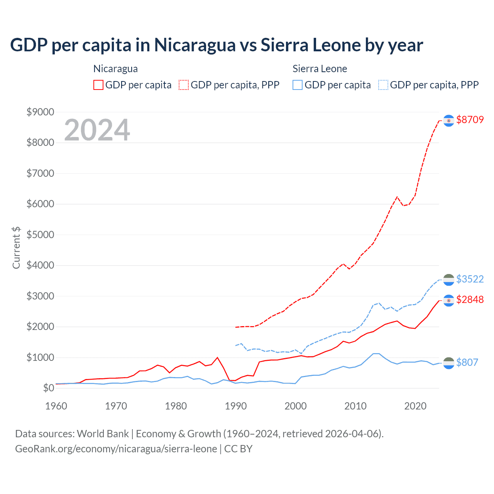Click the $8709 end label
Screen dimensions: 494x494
(x=470, y=120)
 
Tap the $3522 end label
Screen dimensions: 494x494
(x=470, y=279)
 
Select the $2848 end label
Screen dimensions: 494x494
(x=470, y=299)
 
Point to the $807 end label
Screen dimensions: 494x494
(x=467, y=362)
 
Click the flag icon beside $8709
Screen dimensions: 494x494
(x=448, y=121)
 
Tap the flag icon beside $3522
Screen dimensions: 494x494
(x=448, y=280)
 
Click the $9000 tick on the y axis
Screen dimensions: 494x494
(x=40, y=112)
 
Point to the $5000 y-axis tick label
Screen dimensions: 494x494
(x=40, y=235)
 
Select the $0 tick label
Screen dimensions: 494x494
(x=48, y=388)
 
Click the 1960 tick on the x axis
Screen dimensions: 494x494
(x=56, y=406)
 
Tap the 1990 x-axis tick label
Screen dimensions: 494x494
(x=236, y=406)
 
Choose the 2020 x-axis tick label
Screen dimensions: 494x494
(x=415, y=406)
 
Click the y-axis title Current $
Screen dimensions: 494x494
(x=16, y=247)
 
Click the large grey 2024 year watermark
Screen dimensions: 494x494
(x=97, y=130)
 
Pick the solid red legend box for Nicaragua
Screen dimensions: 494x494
(x=98, y=85)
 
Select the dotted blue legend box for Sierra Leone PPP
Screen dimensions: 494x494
(x=383, y=85)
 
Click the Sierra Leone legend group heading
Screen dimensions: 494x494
(x=320, y=69)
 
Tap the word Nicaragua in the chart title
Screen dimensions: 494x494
(x=195, y=45)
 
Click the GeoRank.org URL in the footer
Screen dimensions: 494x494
(x=116, y=449)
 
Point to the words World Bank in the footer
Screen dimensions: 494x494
(x=103, y=434)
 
